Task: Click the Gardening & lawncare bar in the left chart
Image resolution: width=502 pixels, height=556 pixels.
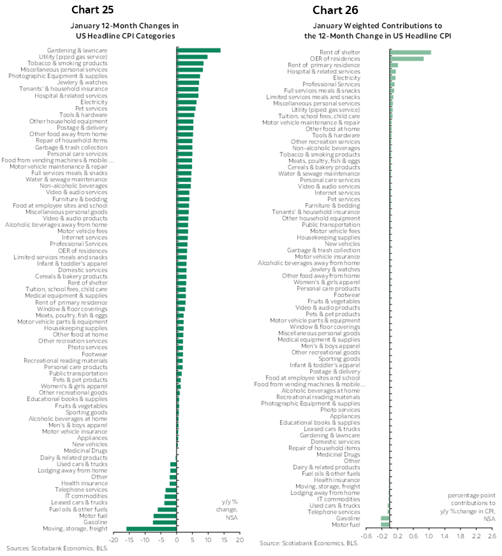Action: click(198, 50)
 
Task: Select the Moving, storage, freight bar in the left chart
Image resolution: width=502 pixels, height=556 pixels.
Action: click(151, 529)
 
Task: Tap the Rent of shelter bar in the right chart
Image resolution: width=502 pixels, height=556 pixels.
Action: click(410, 52)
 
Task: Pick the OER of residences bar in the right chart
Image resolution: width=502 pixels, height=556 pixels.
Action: click(406, 59)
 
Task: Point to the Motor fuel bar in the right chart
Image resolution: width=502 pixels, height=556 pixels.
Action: click(385, 525)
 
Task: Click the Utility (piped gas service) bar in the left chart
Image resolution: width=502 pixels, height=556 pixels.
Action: click(192, 57)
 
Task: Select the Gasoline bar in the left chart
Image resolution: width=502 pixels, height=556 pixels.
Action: click(165, 522)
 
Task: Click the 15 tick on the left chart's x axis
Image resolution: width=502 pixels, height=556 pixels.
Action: click(223, 539)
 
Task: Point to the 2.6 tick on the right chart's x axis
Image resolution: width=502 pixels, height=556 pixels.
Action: click(491, 536)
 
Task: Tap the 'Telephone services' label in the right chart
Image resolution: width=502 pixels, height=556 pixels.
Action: click(334, 512)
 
